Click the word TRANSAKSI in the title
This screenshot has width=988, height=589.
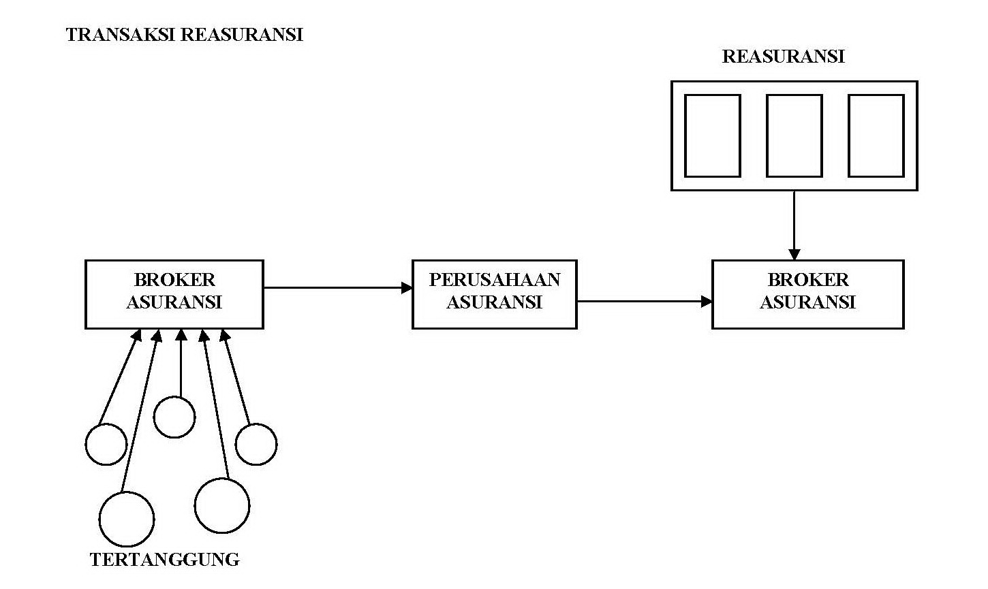pos(120,35)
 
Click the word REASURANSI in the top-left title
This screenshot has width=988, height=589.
pos(241,35)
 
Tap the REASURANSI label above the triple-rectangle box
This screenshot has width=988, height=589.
pos(783,57)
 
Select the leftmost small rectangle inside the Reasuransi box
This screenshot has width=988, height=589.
pos(712,136)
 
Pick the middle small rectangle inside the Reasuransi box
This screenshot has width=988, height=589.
pos(794,136)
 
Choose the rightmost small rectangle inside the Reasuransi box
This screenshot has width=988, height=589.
pos(876,136)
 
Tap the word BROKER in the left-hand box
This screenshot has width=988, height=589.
pos(174,280)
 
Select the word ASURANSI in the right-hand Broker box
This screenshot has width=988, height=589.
pos(807,302)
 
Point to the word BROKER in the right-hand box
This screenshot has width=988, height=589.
pos(808,280)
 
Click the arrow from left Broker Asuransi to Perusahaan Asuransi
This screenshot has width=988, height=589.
pos(337,287)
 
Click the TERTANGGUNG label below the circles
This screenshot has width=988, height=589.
pos(165,560)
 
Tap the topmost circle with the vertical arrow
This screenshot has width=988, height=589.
pos(174,417)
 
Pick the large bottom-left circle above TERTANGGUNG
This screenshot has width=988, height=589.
pos(127,519)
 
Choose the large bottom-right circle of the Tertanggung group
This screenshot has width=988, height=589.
pos(222,505)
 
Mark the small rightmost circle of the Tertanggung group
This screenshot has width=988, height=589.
pos(256,444)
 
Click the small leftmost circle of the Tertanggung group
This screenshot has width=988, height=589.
pos(106,444)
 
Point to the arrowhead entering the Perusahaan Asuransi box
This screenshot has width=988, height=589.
pos(407,287)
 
